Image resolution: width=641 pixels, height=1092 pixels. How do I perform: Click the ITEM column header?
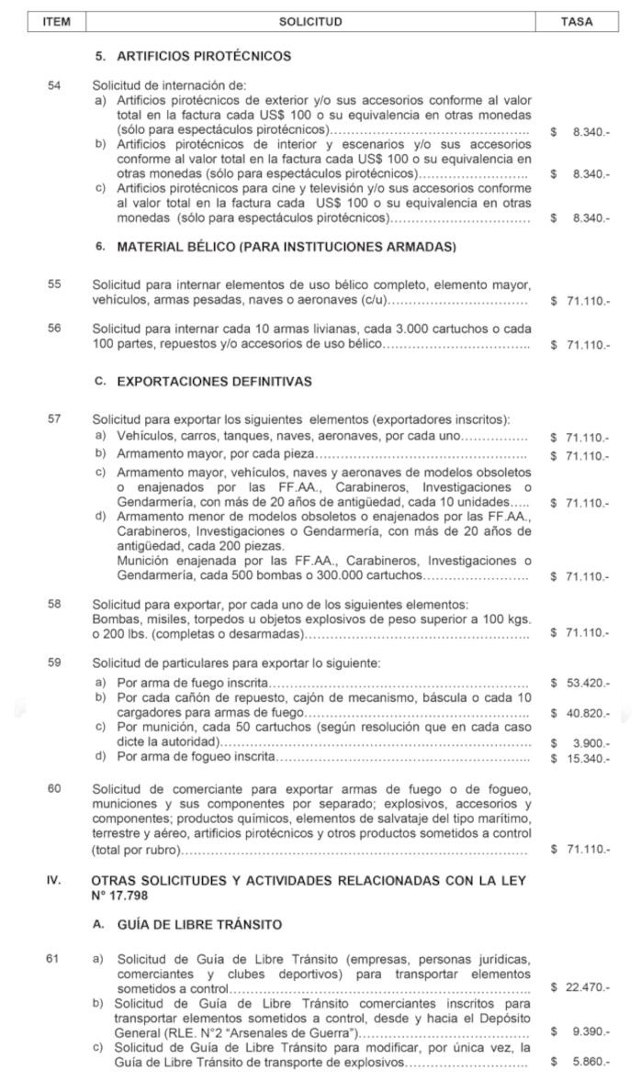(56, 21)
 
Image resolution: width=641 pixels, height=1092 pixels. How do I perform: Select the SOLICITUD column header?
(310, 21)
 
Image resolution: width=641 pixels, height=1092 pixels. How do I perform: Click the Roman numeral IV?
(54, 880)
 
